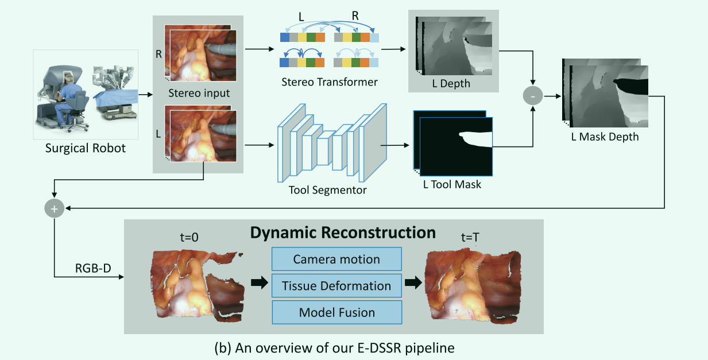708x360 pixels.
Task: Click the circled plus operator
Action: (54, 209)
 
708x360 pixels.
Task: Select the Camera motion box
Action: (336, 259)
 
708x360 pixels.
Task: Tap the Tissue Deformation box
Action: (336, 285)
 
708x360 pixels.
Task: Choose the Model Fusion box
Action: (336, 312)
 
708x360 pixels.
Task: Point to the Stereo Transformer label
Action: (330, 82)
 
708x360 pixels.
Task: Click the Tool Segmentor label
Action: (328, 189)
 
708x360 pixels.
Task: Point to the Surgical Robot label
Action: (85, 148)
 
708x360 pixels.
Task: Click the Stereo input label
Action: (199, 93)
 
